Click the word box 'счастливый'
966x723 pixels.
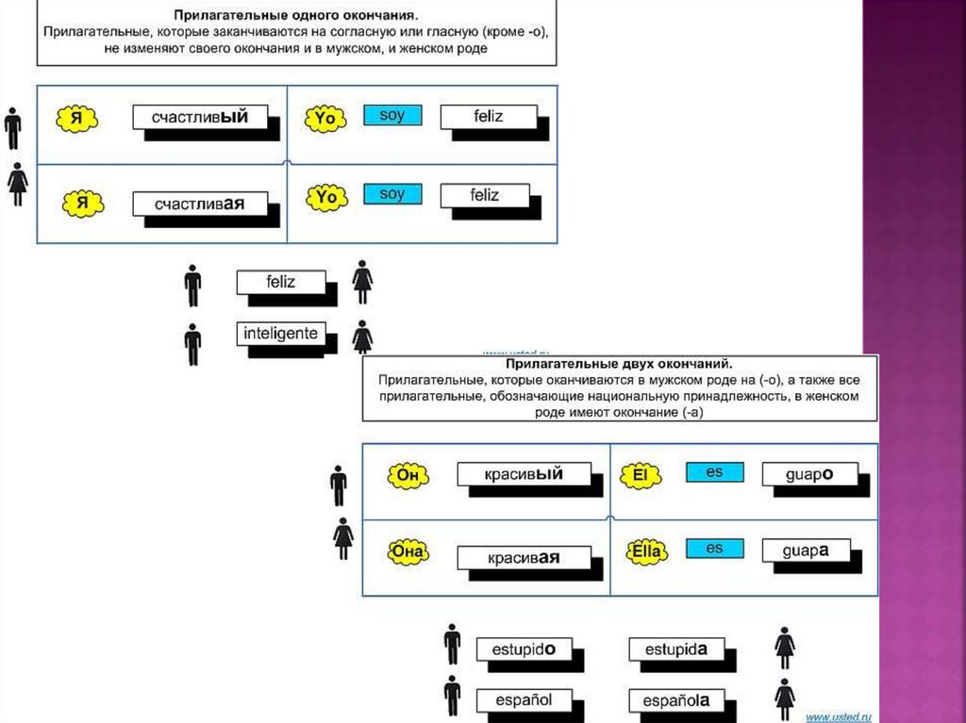pyautogui.click(x=200, y=117)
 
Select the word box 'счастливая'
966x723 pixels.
pyautogui.click(x=199, y=203)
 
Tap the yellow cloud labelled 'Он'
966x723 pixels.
pyautogui.click(x=408, y=475)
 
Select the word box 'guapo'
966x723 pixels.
pyautogui.click(x=808, y=474)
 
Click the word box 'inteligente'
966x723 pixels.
pyautogui.click(x=280, y=334)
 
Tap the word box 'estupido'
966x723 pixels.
pyautogui.click(x=518, y=649)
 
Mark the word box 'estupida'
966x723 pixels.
pyautogui.click(x=675, y=649)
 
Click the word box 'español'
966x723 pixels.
pyautogui.click(x=517, y=700)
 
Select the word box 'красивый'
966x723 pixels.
pyautogui.click(x=525, y=474)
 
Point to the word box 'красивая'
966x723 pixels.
pyautogui.click(x=524, y=557)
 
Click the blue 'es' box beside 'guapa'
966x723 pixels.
pyautogui.click(x=714, y=548)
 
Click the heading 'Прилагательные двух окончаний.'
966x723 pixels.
pyautogui.click(x=619, y=363)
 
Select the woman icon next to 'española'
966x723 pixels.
pyautogui.click(x=785, y=698)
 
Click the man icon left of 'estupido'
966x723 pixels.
pyautogui.click(x=453, y=644)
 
